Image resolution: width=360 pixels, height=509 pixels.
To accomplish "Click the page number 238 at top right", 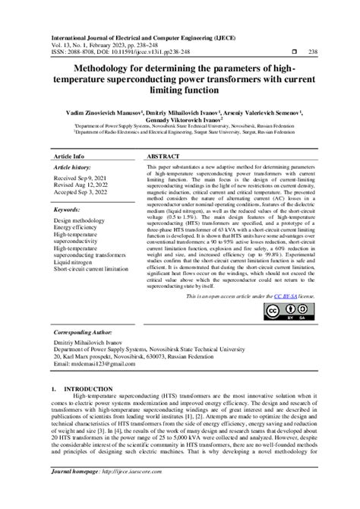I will pos(303,52).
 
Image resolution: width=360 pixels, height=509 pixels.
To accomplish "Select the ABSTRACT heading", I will pos(163,154).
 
